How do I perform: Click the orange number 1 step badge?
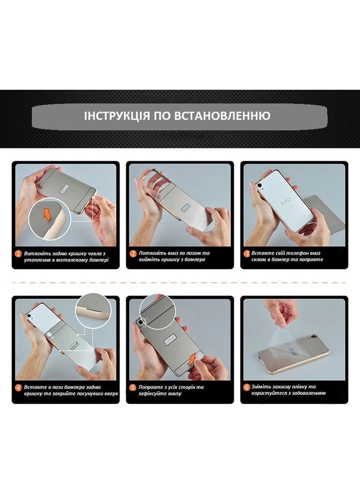pos(18,254)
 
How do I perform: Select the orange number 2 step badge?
pos(133,254)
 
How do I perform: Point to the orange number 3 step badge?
pos(247,254)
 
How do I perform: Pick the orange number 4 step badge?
pos(18,388)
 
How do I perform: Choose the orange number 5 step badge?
pos(133,388)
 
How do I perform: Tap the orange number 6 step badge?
pos(247,388)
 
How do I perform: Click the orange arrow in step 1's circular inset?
pos(46,214)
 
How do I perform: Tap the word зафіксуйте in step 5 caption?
pos(157,394)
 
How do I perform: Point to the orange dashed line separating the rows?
pos(180,282)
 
